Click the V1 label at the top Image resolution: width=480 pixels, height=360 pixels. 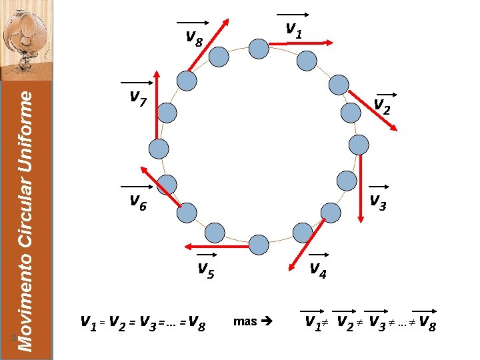(293, 28)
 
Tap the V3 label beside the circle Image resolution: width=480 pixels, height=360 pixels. (377, 201)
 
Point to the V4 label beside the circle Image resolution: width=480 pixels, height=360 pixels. (317, 269)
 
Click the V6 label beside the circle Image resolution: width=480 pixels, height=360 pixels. (138, 201)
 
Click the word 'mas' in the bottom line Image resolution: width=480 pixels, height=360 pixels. (245, 321)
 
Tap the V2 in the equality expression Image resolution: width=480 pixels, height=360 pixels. (118, 323)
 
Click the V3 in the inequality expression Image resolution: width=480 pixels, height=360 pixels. (378, 323)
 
